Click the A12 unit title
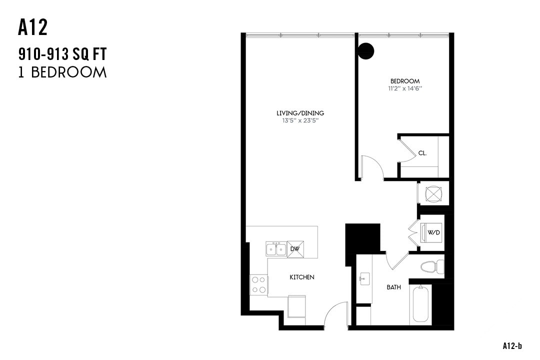coord(33,27)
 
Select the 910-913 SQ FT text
coord(62,53)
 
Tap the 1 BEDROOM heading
coord(62,72)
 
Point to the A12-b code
coord(512,345)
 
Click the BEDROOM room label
coord(405,81)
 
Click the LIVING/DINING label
coord(300,113)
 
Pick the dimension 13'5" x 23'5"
coord(300,120)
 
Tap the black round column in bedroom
coord(366,50)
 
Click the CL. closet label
coord(422,153)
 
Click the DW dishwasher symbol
coord(295,249)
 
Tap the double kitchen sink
coord(275,248)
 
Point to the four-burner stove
coord(258,285)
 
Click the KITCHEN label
coord(302,277)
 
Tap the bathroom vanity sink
coord(363,278)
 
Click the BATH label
coord(393,287)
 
